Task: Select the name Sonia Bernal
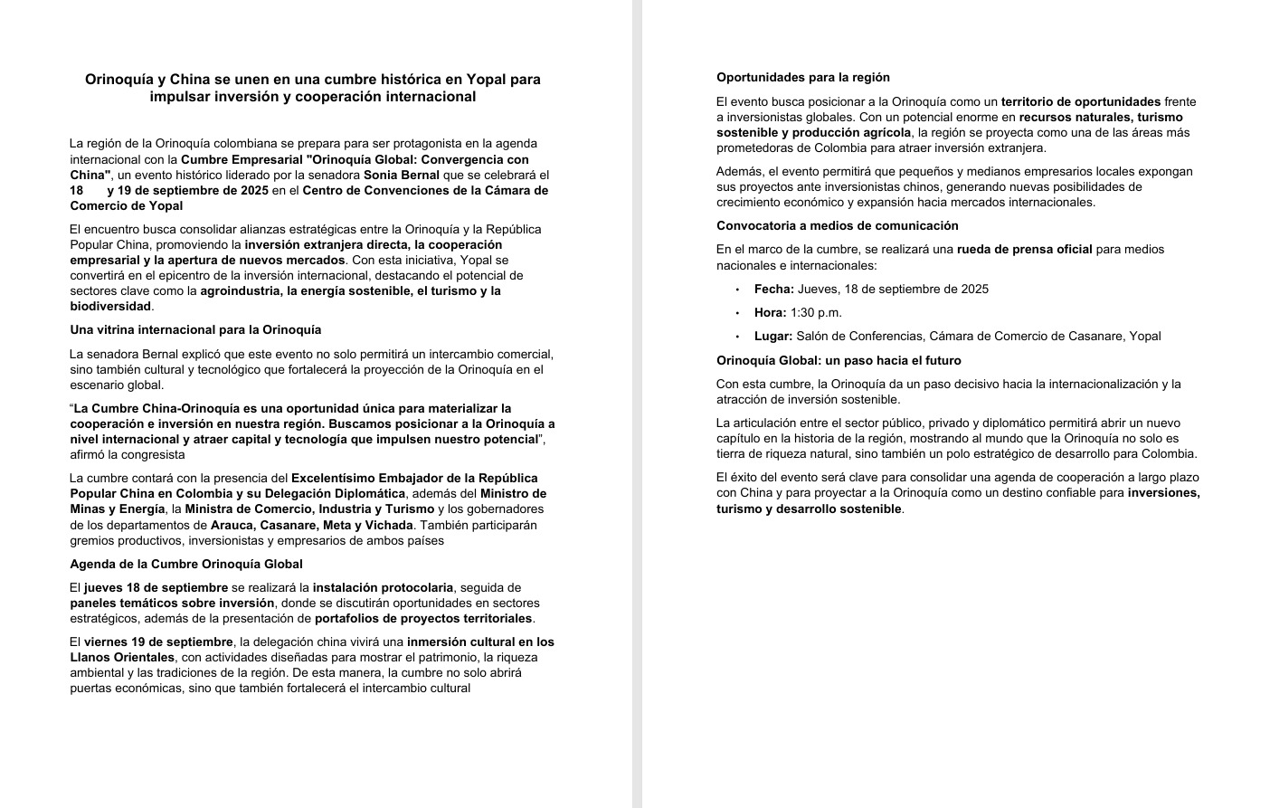coord(402,176)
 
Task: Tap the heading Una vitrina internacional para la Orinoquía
coord(195,330)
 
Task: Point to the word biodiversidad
coord(110,307)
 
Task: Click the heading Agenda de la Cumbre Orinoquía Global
coord(185,565)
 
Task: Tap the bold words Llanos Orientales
coord(122,658)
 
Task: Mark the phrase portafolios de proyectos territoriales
coord(423,619)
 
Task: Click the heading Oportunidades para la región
coord(803,78)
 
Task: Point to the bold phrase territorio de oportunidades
coord(1080,102)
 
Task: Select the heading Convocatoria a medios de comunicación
coord(837,226)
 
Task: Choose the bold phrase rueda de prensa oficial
coord(1024,250)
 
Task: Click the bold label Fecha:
coord(774,290)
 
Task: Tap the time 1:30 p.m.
coord(816,313)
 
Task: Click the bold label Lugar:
coord(773,337)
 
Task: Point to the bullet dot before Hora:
coord(737,313)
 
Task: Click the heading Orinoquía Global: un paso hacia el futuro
coord(839,361)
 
